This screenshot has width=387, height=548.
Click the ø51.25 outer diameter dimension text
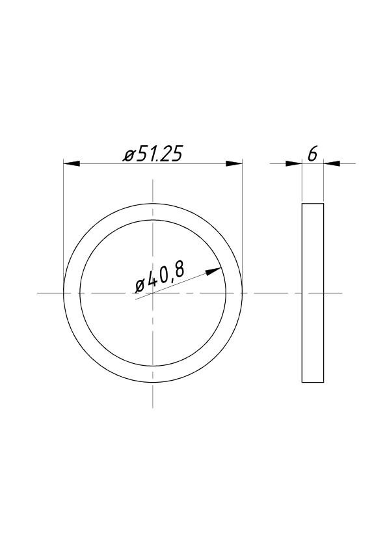(x=153, y=154)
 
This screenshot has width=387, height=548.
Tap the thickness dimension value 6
(x=313, y=154)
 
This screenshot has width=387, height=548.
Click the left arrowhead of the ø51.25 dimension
(x=72, y=163)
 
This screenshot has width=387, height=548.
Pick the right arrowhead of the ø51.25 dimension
(x=234, y=163)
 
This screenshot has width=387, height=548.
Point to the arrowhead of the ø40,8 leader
(x=213, y=271)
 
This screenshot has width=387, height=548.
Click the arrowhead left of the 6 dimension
(x=294, y=163)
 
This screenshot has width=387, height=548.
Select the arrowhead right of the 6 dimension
(x=332, y=163)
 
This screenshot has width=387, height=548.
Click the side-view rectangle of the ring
(x=313, y=292)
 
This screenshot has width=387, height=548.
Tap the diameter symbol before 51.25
(x=129, y=156)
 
